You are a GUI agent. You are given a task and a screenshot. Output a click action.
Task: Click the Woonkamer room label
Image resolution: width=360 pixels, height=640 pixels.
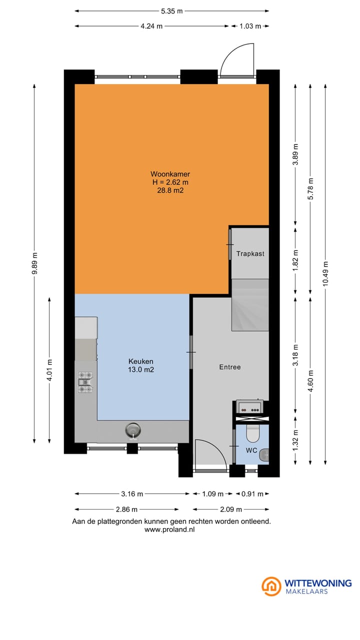170,174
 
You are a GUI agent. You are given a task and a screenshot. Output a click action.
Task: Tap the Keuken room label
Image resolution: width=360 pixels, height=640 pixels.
141,361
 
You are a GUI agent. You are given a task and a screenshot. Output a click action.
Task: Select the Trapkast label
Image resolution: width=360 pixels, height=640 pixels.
250,253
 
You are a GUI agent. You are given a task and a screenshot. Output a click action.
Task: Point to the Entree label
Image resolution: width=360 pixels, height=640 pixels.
230,367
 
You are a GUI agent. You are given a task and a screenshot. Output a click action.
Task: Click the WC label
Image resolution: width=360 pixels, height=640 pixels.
251,450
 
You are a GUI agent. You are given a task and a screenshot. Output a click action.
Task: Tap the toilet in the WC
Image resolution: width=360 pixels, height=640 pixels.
252,433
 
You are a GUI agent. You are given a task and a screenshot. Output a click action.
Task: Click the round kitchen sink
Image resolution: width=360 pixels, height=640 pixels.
133,430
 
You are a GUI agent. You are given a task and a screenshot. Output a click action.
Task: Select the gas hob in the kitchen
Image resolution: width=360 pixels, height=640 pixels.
85,382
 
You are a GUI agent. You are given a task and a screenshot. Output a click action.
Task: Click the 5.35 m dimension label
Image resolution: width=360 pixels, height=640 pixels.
171,11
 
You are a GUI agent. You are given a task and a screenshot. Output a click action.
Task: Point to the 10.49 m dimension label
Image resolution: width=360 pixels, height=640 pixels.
325,273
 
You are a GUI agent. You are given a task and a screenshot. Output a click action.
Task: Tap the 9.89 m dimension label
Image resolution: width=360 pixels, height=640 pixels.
34,263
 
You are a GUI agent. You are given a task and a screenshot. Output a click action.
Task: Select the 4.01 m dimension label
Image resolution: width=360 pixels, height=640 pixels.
49,370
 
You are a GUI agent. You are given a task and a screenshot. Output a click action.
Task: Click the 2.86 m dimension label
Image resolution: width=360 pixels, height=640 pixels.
126,509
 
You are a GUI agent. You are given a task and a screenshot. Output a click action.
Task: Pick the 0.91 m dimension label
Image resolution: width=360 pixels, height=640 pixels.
252,494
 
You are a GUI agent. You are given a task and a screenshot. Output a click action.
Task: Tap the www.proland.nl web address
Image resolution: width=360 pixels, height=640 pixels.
169,529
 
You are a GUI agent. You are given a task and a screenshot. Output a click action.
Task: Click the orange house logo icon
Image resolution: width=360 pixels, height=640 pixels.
271,586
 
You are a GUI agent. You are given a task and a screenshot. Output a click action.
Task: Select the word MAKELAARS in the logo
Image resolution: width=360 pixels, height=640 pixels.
306,591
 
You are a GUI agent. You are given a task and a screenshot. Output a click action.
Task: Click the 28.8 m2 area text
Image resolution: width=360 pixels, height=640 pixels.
170,190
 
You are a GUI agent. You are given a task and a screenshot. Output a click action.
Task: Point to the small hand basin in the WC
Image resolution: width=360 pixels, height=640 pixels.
264,455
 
